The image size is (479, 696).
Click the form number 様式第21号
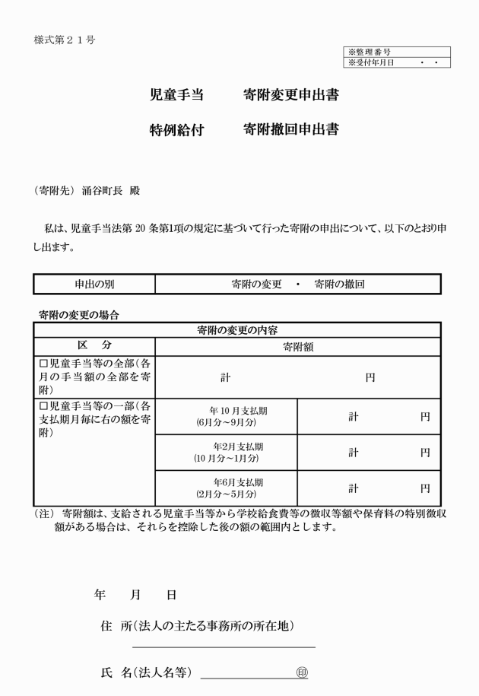[x=65, y=39]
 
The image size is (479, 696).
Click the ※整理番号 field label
[x=370, y=52]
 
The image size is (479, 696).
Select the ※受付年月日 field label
[x=372, y=62]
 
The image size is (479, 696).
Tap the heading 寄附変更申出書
[x=291, y=96]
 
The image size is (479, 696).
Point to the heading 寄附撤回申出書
[x=291, y=129]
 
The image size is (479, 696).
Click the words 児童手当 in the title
[x=176, y=96]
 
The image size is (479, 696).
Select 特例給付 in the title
[x=176, y=129]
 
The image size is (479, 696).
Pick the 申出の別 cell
[x=94, y=284]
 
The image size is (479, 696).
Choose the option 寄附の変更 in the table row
[x=256, y=284]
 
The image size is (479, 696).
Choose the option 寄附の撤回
[x=340, y=284]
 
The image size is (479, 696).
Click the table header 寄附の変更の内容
[x=236, y=330]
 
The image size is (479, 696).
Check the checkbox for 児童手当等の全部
[x=43, y=364]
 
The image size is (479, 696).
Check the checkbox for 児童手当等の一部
[x=43, y=406]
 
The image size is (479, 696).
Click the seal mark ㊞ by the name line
[x=302, y=672]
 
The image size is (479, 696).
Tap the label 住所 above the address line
[x=116, y=626]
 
